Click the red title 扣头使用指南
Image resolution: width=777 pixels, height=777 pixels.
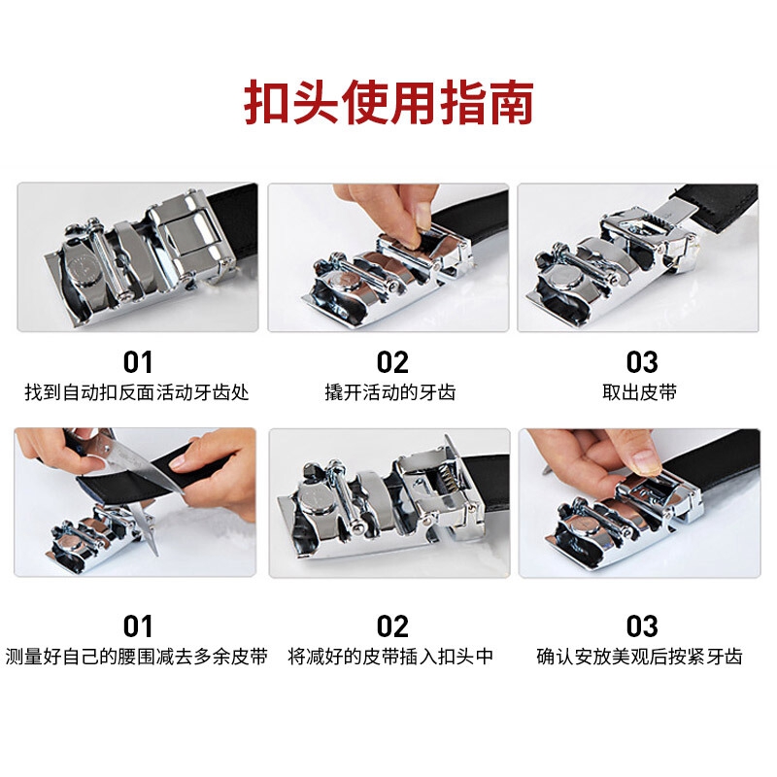389,102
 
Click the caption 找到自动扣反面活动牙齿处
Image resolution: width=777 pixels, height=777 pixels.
137,392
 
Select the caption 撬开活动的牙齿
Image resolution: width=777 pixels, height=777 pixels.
390,392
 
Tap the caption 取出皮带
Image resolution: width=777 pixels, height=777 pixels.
640,392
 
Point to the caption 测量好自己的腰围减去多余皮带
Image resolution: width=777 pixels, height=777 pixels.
137,657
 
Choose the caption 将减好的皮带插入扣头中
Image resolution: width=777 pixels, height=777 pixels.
390,657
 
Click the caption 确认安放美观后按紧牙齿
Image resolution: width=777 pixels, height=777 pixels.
640,657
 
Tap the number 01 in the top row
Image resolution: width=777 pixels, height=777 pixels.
138,362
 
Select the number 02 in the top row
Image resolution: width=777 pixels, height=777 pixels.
392,362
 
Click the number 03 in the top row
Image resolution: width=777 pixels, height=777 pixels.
642,362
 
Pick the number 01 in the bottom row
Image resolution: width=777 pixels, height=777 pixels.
138,626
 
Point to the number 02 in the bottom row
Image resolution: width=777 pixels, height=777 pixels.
392,626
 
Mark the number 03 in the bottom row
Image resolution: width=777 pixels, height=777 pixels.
642,626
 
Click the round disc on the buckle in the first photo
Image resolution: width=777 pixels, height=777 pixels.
84,266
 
